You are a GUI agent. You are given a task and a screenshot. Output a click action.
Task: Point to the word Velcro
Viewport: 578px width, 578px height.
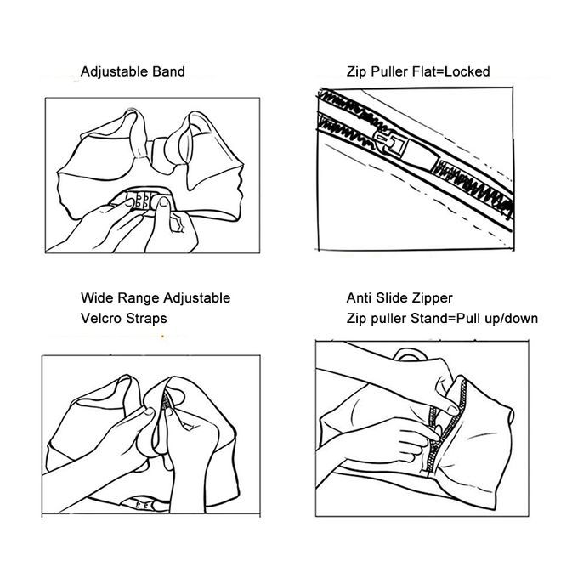click(x=101, y=319)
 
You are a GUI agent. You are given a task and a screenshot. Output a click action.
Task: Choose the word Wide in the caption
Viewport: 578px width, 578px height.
click(x=97, y=297)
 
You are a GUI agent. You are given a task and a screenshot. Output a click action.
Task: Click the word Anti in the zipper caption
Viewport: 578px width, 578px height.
click(x=359, y=297)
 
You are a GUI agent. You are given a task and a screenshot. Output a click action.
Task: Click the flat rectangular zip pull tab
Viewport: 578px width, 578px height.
click(x=421, y=156)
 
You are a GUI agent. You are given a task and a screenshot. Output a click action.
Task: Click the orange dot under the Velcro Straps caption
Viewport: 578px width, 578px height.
click(x=162, y=337)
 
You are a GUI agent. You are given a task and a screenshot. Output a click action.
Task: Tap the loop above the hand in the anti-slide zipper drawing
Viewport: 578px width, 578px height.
click(x=411, y=354)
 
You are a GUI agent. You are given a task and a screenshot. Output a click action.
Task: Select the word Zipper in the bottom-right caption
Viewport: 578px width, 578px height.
click(x=433, y=298)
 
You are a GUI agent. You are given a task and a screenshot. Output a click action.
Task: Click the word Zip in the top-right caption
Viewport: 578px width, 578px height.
click(x=357, y=72)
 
